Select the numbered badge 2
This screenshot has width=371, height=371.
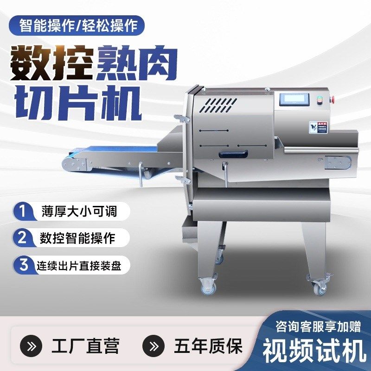coord(22,238)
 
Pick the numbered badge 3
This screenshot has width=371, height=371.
coord(22,265)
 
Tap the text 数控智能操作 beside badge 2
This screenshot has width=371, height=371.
coord(77,238)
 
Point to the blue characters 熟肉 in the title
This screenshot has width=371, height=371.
coord(134,63)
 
